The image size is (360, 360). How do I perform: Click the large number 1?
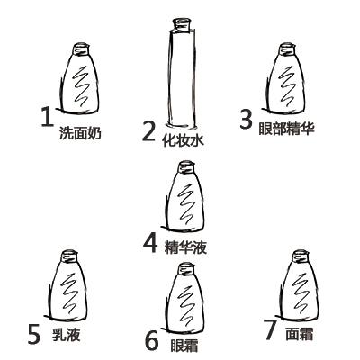pos(47,117)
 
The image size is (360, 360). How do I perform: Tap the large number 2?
pos(149,132)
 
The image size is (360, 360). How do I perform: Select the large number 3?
pos(246,119)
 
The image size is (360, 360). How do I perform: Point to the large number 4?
pos(150,243)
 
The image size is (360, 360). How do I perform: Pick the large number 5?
pos(34,334)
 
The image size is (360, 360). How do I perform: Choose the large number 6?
pos(152,340)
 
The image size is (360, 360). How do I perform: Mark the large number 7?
pos(270,329)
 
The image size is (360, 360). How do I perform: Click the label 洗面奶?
pos(80,133)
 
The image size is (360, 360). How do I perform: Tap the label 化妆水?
pos(183,140)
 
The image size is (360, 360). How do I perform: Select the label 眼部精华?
pos(286,129)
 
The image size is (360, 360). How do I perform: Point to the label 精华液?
pos(185,248)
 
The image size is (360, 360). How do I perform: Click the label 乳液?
pos(67,335)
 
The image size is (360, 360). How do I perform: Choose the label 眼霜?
pos(184,346)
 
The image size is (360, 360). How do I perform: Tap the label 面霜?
pos(300,334)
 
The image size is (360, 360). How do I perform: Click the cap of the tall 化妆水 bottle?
pos(182,24)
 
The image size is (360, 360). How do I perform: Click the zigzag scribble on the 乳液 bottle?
pos(71,292)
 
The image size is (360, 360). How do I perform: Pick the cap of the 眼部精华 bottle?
pos(287,49)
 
